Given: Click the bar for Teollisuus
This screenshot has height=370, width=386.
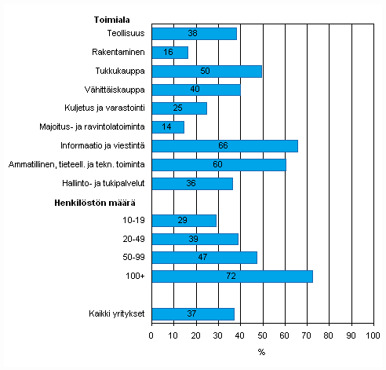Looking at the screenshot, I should click(194, 34).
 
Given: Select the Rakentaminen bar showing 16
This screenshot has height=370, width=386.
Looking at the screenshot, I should click(169, 53).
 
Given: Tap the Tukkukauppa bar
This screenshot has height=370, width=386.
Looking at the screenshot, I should click(206, 71).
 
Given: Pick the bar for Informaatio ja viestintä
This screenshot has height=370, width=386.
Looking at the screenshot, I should click(224, 146).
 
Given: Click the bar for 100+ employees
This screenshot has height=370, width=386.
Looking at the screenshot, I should click(231, 277).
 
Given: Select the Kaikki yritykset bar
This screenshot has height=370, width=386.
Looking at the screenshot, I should click(192, 314).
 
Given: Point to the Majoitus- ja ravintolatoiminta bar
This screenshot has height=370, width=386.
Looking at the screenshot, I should click(167, 127).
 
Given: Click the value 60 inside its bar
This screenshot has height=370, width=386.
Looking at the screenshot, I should click(218, 165).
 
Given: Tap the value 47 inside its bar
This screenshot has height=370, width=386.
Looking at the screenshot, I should click(204, 258).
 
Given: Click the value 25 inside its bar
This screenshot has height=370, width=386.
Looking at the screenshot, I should click(179, 108).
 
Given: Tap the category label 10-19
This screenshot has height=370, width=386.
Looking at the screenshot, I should click(133, 221).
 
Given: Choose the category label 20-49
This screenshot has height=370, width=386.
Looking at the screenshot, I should click(133, 239).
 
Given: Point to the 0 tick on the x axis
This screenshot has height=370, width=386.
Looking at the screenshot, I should click(151, 335).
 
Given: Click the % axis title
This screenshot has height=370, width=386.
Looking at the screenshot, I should click(261, 352).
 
